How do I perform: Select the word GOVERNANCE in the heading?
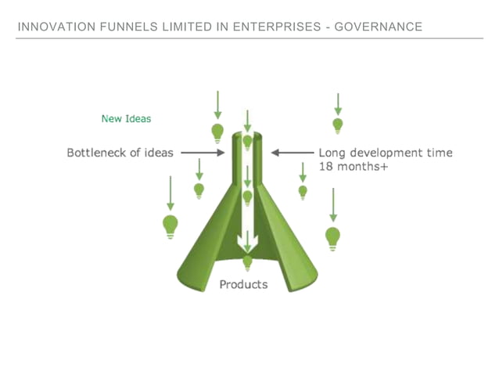[378, 27]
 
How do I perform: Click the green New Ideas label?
[126, 119]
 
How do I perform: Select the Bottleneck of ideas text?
[120, 153]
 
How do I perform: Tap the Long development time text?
[386, 153]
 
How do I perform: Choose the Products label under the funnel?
[243, 284]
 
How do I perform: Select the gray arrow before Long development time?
[292, 153]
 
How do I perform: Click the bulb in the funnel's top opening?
[247, 142]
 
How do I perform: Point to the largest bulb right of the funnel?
[333, 236]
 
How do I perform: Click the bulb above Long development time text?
[338, 125]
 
